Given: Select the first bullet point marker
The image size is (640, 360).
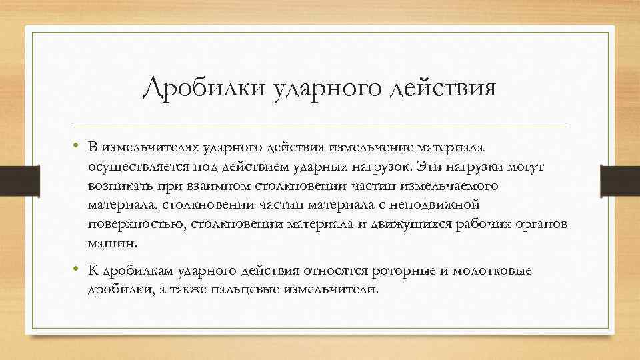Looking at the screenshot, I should pos(77,145).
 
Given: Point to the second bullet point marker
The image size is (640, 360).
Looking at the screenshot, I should pos(77,270).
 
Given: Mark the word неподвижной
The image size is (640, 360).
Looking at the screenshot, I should pos(429,204).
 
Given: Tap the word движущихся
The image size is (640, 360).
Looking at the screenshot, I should pos(413,224).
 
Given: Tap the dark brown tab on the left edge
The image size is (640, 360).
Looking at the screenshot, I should pos(13,179).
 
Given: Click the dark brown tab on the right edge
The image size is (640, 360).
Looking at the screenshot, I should pos(627,179).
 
